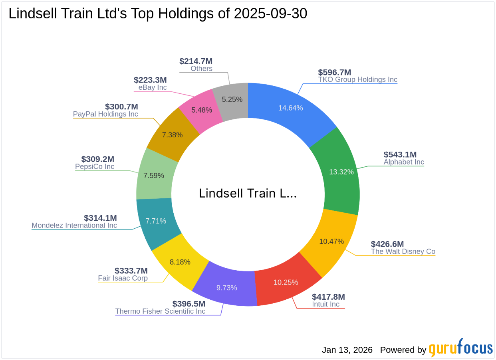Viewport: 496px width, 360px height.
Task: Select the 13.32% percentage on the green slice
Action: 341,172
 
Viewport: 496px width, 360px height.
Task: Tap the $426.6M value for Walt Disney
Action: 387,244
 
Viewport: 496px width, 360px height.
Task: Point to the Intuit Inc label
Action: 325,304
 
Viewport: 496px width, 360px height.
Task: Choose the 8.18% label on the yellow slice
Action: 180,262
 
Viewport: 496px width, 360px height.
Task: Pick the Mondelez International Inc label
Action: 74,225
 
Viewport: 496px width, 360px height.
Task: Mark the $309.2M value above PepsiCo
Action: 97,159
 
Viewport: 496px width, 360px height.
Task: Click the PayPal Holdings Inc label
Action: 105,114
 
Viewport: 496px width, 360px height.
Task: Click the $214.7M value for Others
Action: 196,61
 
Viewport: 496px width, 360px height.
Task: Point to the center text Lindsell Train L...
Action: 248,194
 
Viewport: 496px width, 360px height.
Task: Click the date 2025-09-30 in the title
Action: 270,14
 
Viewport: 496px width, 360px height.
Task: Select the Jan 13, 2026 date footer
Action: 347,350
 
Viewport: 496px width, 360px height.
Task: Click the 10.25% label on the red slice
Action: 286,282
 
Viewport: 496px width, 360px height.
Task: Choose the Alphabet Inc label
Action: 404,162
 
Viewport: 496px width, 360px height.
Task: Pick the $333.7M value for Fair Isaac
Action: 131,271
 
